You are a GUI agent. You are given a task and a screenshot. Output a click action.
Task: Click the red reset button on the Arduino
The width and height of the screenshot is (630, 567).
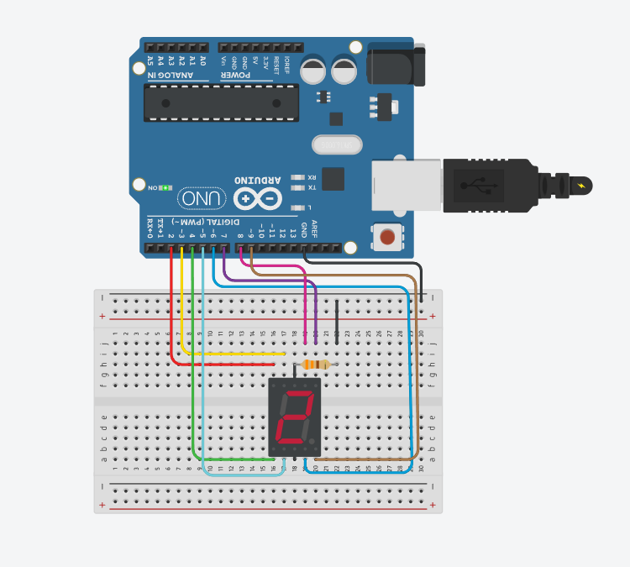[x=387, y=237]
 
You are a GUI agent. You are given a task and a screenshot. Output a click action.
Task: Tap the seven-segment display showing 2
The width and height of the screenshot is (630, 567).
[x=295, y=417]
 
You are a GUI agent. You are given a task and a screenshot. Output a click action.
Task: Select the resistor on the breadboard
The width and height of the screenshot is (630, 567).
[x=316, y=365]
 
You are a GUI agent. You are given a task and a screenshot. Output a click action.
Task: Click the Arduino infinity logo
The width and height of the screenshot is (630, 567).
[x=259, y=198]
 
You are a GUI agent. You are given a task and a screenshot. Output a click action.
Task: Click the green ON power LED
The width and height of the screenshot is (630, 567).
[x=165, y=187]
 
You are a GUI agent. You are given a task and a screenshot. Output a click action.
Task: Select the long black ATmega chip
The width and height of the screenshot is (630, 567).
[x=221, y=102]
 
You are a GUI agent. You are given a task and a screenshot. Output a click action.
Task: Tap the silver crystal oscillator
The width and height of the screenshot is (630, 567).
[x=337, y=144]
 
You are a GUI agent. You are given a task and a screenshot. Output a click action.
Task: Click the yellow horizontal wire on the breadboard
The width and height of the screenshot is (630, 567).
[x=235, y=354]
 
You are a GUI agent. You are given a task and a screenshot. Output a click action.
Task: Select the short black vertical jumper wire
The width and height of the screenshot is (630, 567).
[x=337, y=323]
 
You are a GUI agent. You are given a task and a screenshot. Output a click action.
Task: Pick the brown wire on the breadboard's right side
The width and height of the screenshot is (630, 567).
[x=417, y=378]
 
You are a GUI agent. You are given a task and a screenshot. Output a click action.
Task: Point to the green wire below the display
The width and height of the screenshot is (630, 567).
[x=235, y=459]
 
